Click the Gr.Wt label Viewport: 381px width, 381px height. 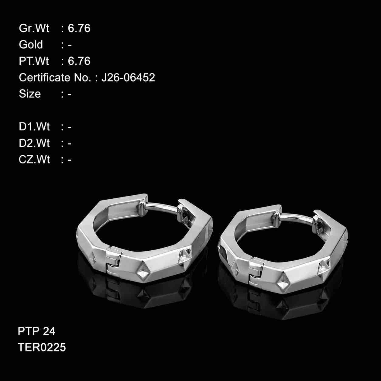pyautogui.click(x=34, y=28)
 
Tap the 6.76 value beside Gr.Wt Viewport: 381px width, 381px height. pyautogui.click(x=79, y=28)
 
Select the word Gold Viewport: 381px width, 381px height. pyautogui.click(x=31, y=44)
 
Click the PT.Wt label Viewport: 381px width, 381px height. pyautogui.click(x=34, y=61)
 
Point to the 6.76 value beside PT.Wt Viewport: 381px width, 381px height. pyautogui.click(x=79, y=61)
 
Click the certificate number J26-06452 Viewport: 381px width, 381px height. pyautogui.click(x=128, y=77)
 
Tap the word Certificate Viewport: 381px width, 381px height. pyautogui.click(x=45, y=77)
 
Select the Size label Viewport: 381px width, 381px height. pyautogui.click(x=30, y=94)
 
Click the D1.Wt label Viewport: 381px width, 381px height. pyautogui.click(x=34, y=126)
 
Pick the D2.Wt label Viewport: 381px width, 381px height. pyautogui.click(x=34, y=143)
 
